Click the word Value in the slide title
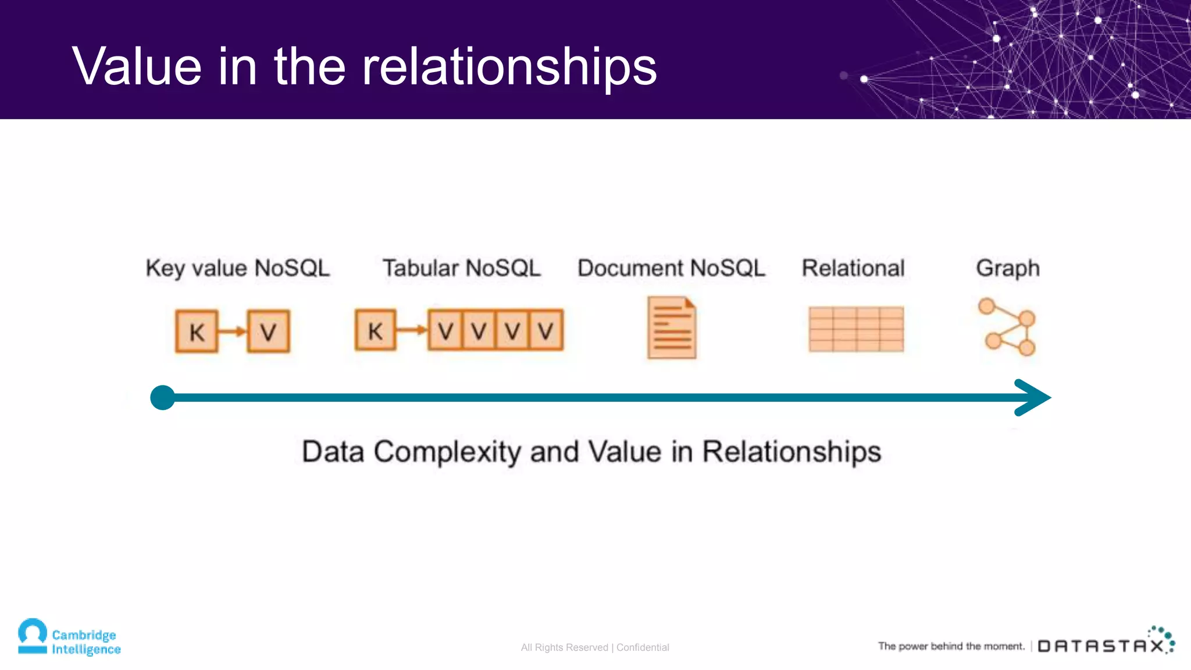tap(137, 66)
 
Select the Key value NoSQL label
tap(237, 268)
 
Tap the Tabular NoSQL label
tap(461, 268)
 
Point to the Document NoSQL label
tap(671, 268)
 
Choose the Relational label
tap(853, 268)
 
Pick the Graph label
tap(1008, 269)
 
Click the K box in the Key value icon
tap(197, 332)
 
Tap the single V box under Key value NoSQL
tap(268, 332)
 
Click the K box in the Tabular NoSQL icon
tap(376, 330)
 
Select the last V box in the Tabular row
tap(545, 330)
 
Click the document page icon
tap(672, 327)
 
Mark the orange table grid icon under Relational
tap(856, 329)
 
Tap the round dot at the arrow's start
tap(163, 398)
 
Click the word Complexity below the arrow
tap(447, 452)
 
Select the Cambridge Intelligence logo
tap(69, 637)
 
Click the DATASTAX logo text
tap(1101, 646)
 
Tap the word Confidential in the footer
tap(643, 647)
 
